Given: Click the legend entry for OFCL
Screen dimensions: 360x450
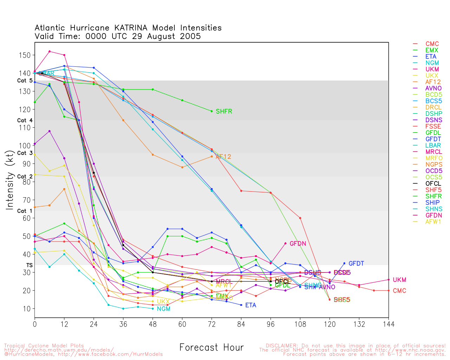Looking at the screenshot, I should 433,184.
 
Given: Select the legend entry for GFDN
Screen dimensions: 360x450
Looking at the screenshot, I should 433,215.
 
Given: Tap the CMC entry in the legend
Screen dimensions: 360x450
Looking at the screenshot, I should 432,44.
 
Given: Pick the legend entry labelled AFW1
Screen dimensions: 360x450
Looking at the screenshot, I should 433,221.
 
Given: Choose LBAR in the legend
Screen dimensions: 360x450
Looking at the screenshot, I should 433,145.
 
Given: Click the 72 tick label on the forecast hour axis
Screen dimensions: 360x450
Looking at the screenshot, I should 212,324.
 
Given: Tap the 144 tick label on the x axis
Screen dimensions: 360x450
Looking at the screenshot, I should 388,324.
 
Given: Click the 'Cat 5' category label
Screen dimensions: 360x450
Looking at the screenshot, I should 25,81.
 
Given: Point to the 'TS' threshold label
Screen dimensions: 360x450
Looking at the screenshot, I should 29,265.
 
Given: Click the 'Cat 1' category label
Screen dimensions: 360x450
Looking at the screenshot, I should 25,211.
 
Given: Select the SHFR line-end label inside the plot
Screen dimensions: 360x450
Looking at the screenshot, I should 224,111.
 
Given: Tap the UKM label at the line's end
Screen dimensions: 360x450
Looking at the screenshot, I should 399,280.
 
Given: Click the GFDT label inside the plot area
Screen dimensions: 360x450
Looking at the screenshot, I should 356,263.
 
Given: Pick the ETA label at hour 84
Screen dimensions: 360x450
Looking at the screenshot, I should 251,305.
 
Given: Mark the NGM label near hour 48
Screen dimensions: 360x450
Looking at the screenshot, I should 163,309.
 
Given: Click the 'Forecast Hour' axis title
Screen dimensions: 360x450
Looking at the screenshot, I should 211,347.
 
